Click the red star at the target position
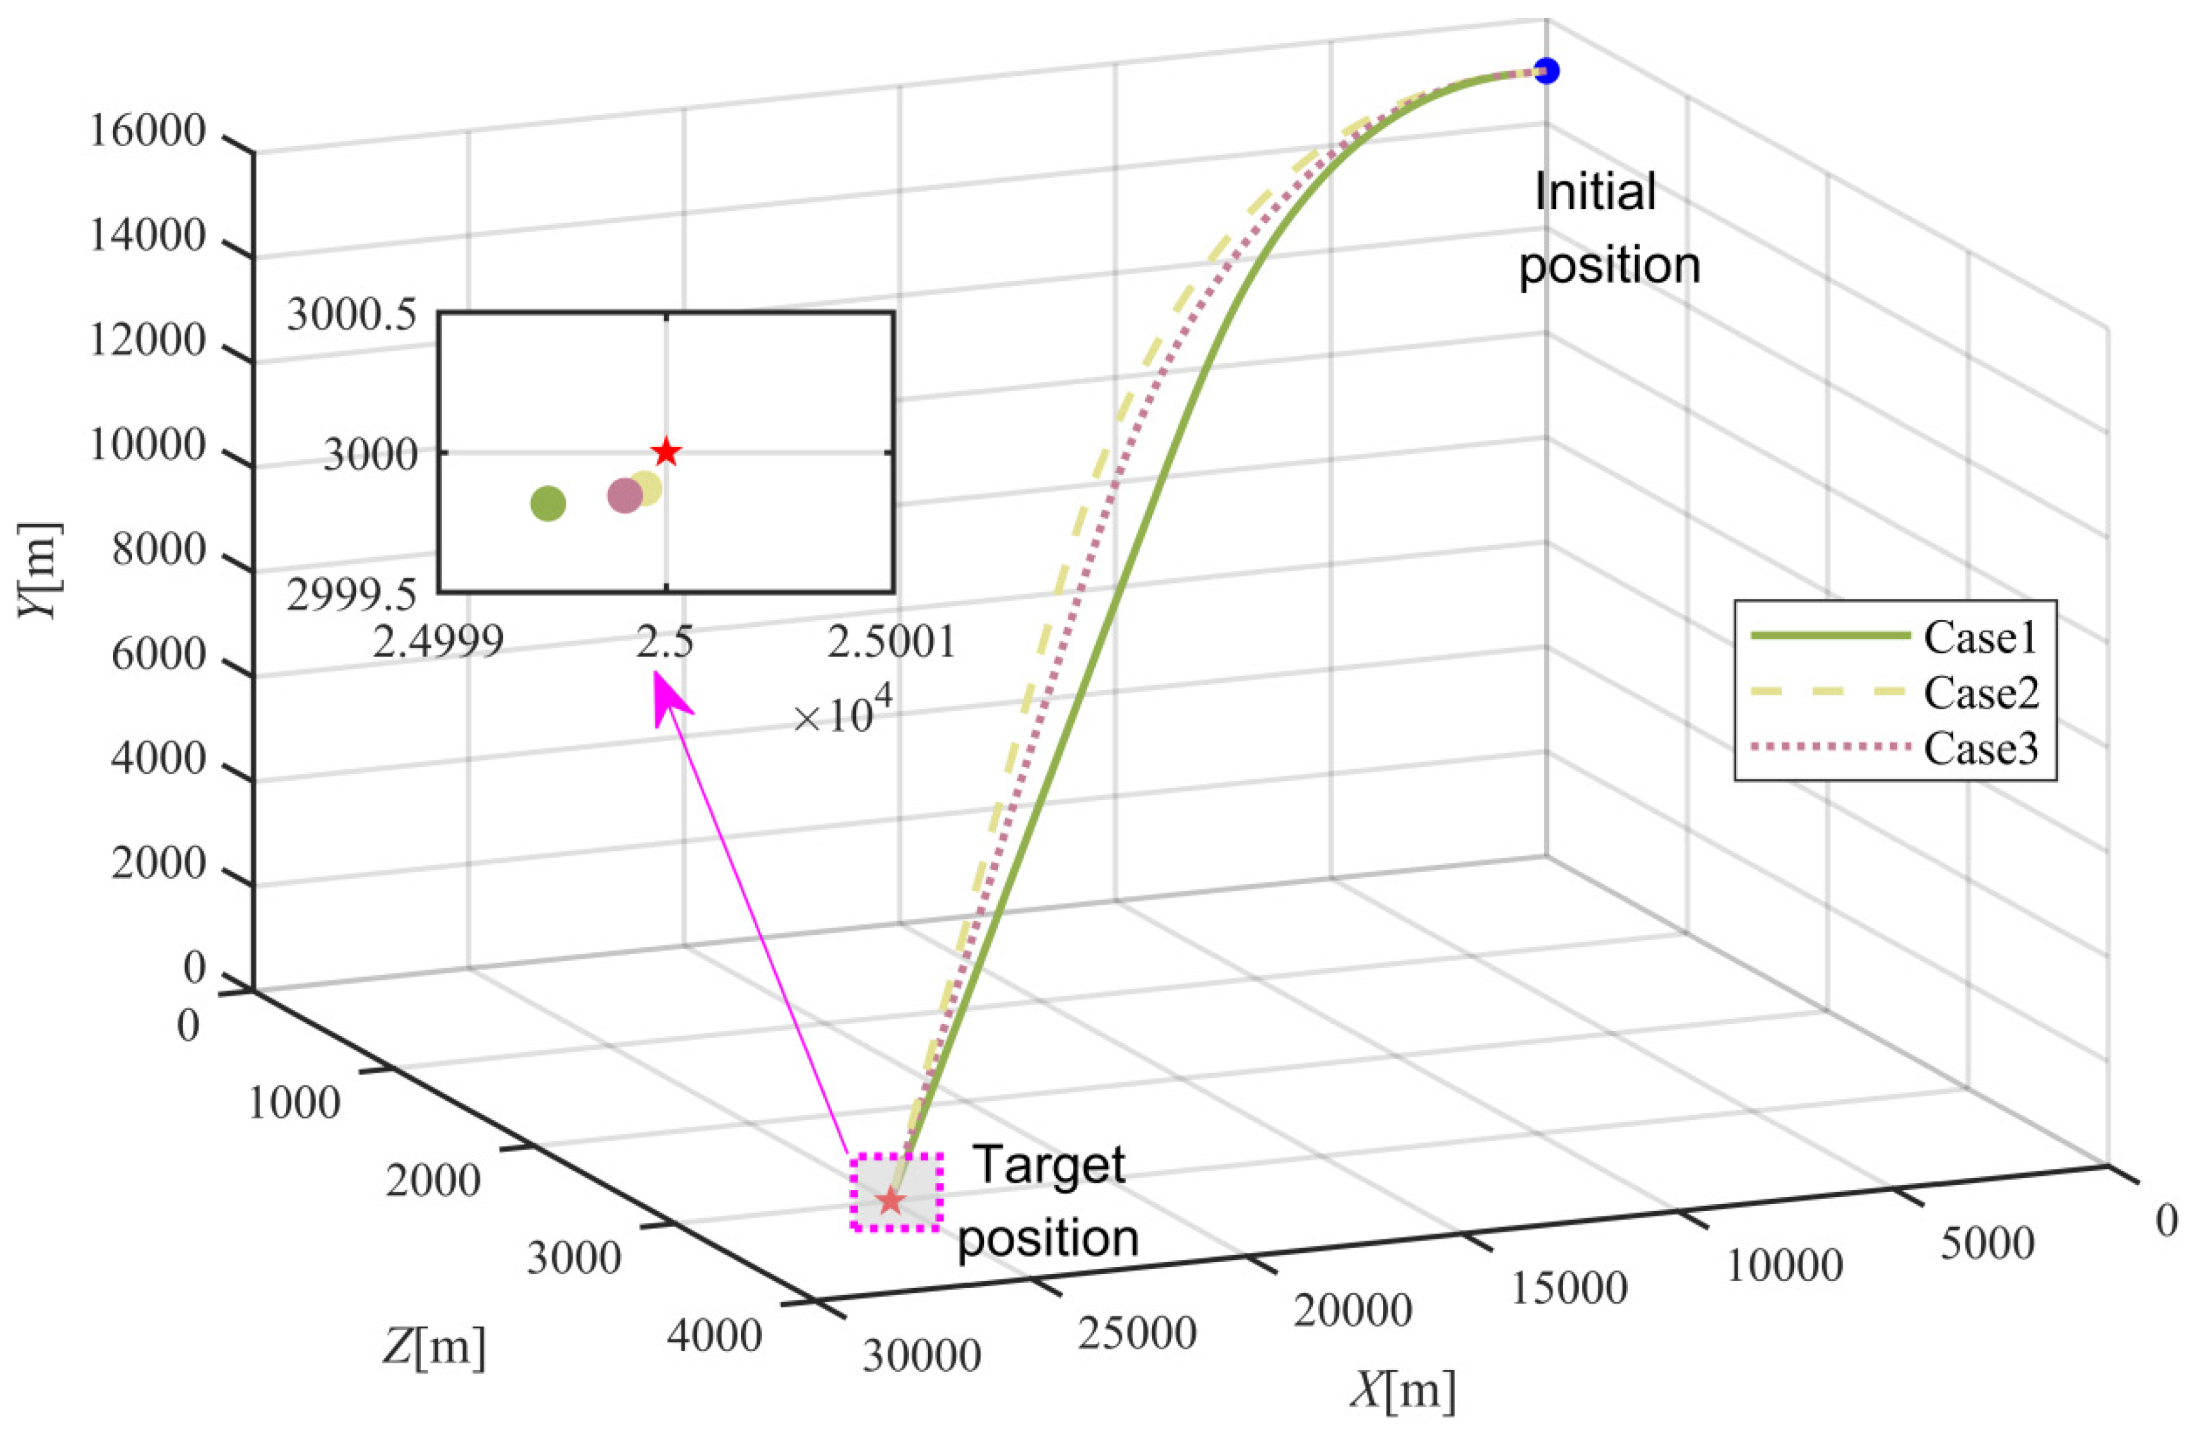890,1200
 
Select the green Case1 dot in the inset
548,503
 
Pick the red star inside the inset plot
666,453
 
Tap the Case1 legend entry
1980,637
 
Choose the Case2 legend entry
1980,692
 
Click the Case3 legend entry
1980,748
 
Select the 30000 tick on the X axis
922,1355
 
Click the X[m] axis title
1403,1391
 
